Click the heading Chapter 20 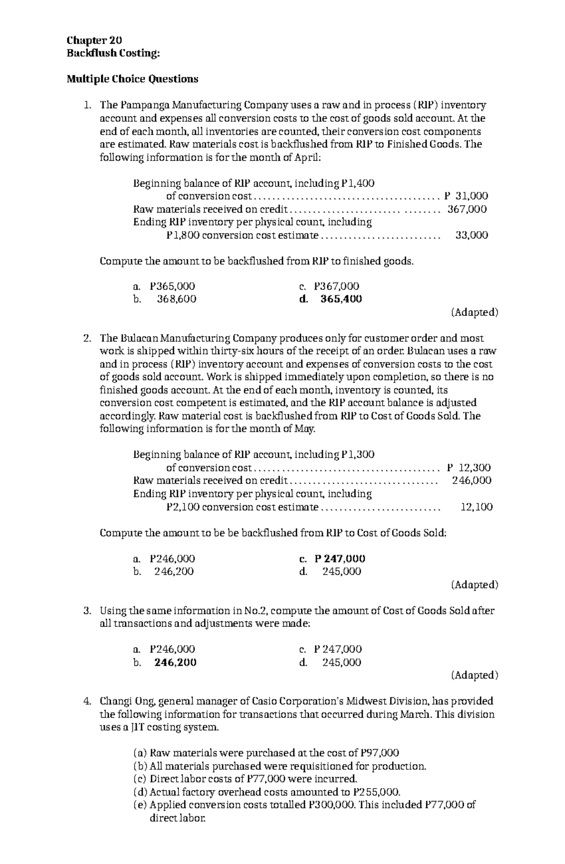pyautogui.click(x=95, y=40)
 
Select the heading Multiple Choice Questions pyautogui.click(x=132, y=79)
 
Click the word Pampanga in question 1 pyautogui.click(x=145, y=105)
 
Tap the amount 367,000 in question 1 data pyautogui.click(x=467, y=209)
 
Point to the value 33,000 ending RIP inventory pyautogui.click(x=472, y=234)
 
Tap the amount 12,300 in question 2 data pyautogui.click(x=475, y=467)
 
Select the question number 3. pyautogui.click(x=86, y=611)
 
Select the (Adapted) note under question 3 pyautogui.click(x=474, y=675)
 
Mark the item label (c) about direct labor pyautogui.click(x=141, y=779)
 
